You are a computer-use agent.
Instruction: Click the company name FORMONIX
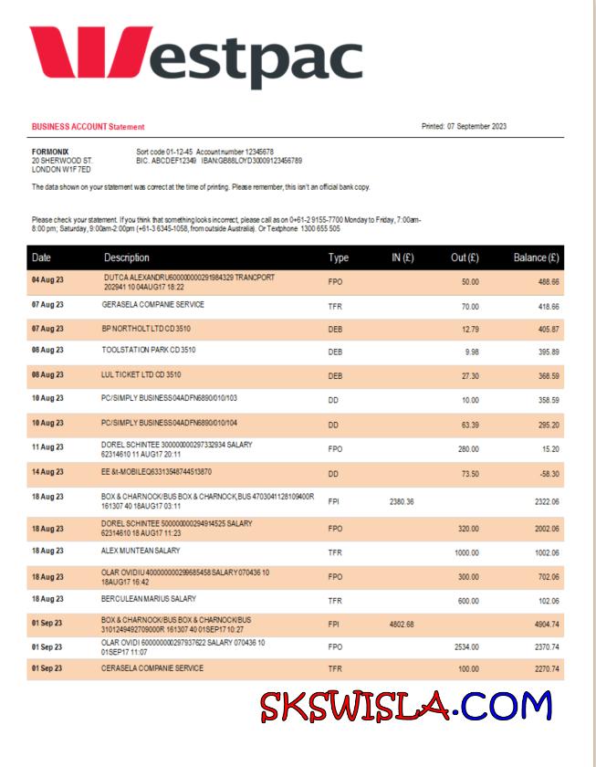click(x=50, y=152)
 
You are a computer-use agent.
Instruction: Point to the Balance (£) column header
click(x=536, y=258)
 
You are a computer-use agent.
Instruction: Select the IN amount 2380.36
click(x=402, y=501)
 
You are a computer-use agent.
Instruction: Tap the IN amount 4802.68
click(x=402, y=625)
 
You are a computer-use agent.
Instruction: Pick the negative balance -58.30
click(x=548, y=475)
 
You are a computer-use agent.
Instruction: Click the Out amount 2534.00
click(x=467, y=647)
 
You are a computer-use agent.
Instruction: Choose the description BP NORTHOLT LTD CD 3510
click(x=146, y=328)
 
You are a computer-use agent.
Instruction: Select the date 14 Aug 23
click(x=47, y=475)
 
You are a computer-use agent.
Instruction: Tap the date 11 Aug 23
click(x=47, y=448)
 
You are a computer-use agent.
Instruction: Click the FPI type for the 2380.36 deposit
click(x=335, y=501)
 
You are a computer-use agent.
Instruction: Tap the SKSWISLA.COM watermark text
click(x=407, y=707)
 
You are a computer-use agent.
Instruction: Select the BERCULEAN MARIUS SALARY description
click(x=149, y=599)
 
